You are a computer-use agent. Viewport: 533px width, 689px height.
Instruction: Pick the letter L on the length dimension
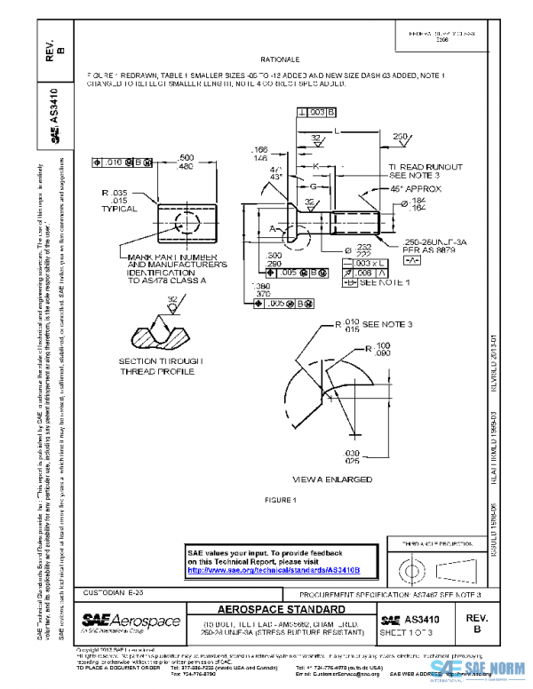tap(336, 131)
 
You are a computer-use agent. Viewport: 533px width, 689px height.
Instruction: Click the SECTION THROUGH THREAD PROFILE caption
tap(161, 367)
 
